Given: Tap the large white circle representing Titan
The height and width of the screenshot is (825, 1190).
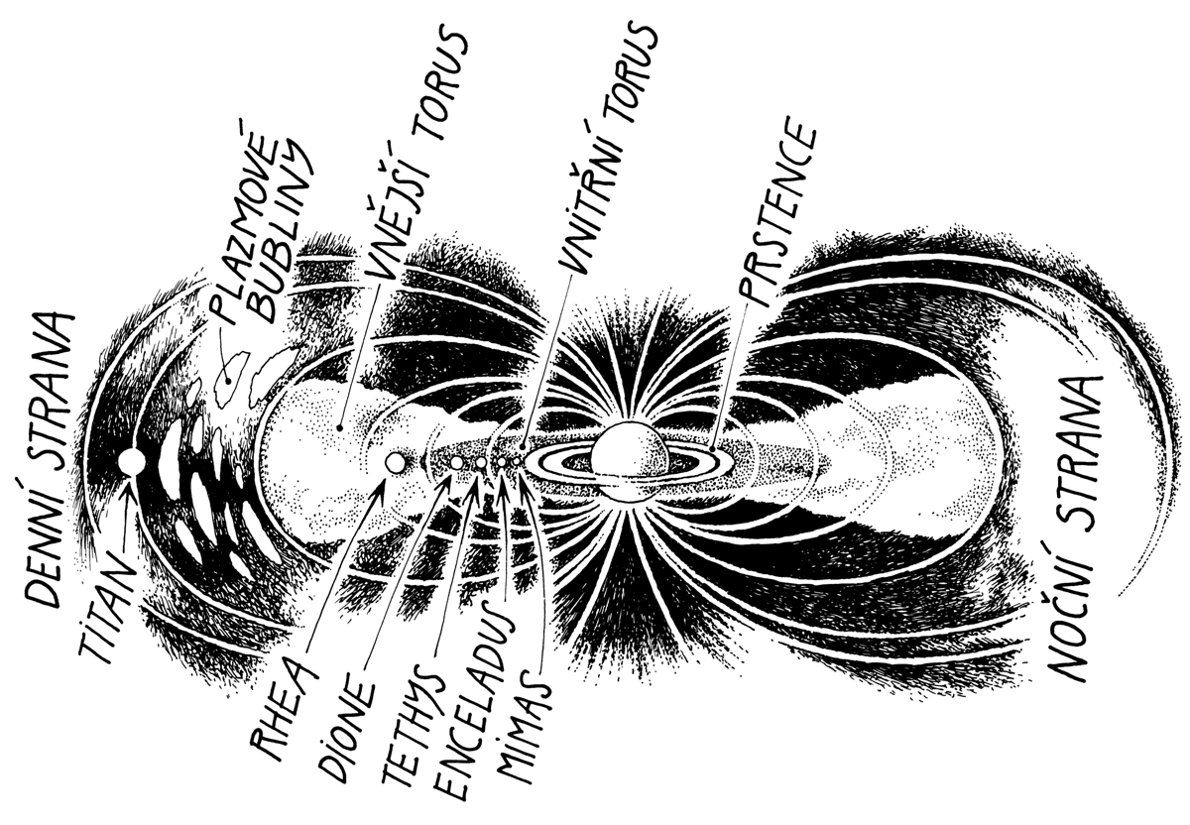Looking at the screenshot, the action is click(132, 462).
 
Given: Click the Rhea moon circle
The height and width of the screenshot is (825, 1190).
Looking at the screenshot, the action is click(395, 463).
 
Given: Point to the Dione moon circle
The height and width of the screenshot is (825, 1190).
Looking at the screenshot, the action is click(456, 463).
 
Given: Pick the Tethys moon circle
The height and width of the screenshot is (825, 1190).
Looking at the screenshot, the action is click(481, 463).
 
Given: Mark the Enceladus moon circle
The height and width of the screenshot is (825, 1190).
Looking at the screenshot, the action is click(502, 462).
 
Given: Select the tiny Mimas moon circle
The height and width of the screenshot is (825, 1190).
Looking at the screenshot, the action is click(517, 462).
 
